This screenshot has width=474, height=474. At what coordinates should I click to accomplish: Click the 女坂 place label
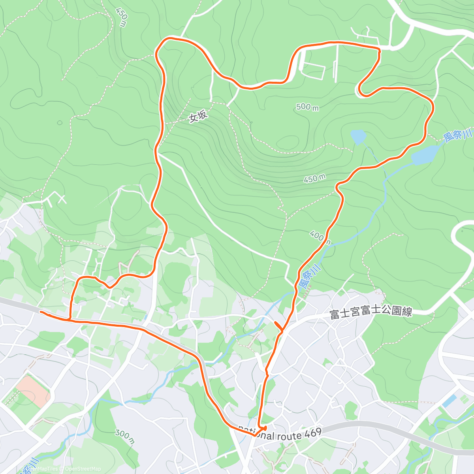[198, 117]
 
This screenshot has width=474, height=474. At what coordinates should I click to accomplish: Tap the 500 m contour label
[307, 107]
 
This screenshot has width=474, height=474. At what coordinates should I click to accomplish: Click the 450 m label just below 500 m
[314, 179]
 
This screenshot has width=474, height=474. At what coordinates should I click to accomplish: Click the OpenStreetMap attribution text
[83, 469]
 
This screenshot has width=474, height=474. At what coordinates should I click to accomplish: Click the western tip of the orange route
[41, 312]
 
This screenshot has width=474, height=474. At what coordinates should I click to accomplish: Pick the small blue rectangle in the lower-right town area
[450, 401]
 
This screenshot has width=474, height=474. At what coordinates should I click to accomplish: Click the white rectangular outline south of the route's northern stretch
[313, 71]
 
